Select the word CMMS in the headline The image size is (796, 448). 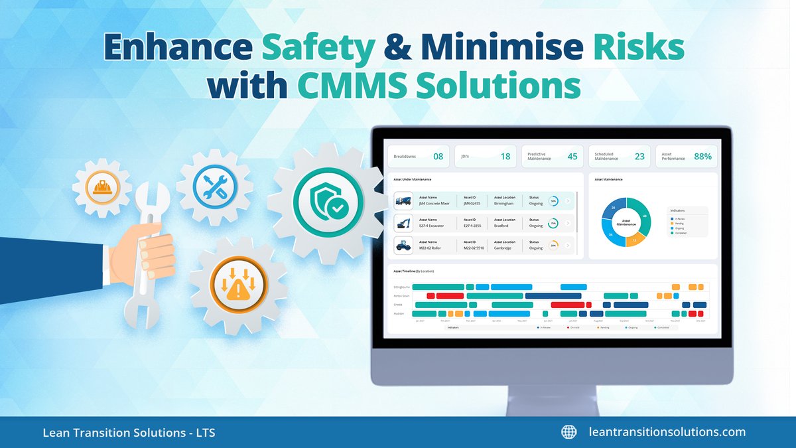(341, 87)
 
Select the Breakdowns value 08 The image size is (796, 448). (438, 157)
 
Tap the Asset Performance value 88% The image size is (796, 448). (702, 157)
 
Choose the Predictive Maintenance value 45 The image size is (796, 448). (572, 157)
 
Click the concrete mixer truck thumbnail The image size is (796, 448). (403, 201)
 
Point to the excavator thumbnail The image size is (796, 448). (403, 222)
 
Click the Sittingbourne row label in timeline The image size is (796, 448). (403, 287)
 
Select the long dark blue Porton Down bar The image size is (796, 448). (553, 295)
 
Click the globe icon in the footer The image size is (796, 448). (568, 432)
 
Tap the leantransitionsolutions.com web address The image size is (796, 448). (667, 432)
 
